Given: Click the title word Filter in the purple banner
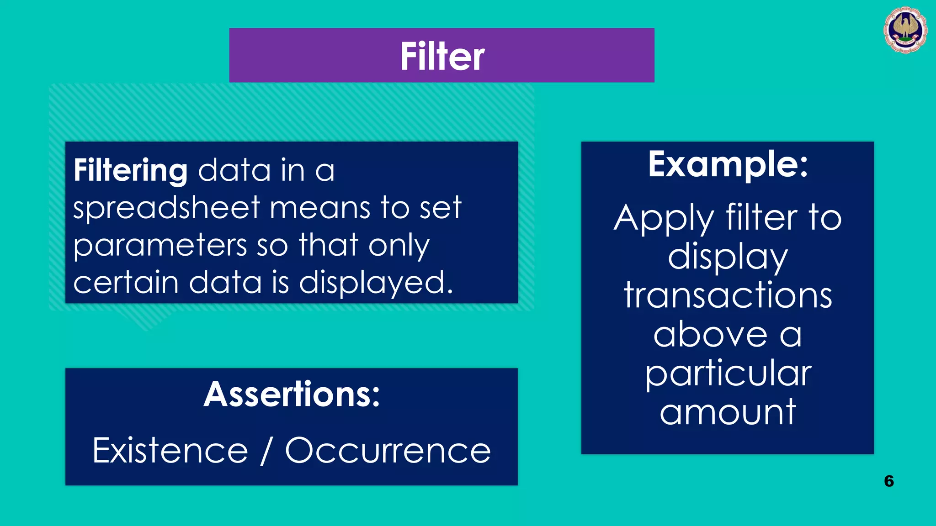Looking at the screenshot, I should (x=442, y=56).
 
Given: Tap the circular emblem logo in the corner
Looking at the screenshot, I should (x=905, y=30).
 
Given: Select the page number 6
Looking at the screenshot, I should (x=888, y=481).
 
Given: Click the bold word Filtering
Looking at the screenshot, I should (x=130, y=170).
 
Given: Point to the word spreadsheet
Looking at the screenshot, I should (x=166, y=208).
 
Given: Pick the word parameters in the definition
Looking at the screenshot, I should (x=160, y=246).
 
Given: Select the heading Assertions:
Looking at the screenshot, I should (x=292, y=394).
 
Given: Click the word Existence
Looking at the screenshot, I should (x=170, y=451).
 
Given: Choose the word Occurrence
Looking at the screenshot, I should (x=388, y=451).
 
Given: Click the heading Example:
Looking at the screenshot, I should (x=728, y=164).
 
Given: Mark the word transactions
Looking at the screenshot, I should (x=728, y=295).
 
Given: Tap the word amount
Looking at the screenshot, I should (x=728, y=412).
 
